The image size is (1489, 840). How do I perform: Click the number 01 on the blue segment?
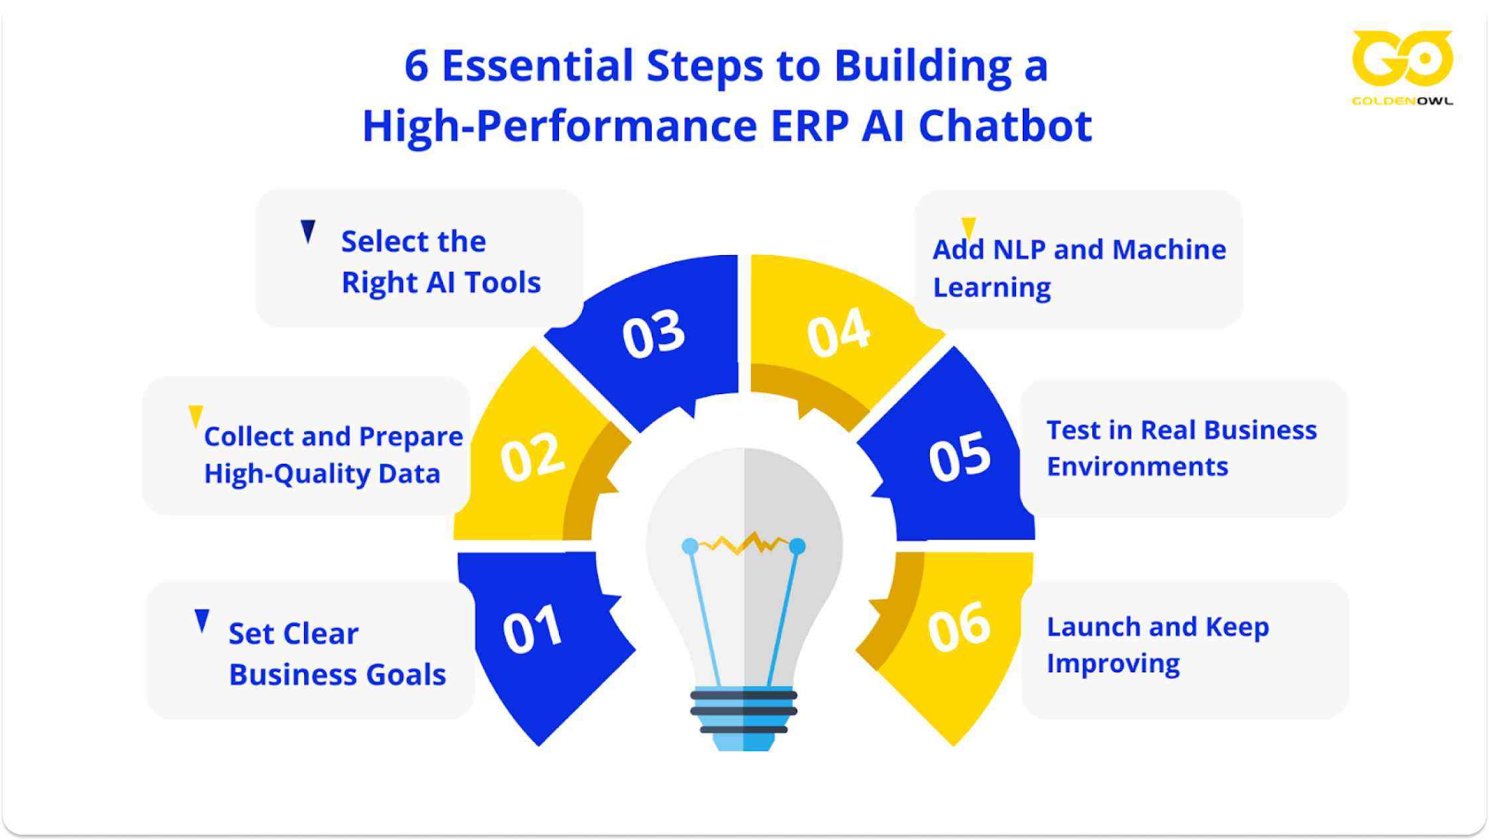tap(533, 629)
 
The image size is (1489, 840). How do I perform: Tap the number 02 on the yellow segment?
tap(532, 456)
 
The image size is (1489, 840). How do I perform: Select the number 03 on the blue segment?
tap(653, 334)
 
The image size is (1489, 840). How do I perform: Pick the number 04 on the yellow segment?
tap(838, 333)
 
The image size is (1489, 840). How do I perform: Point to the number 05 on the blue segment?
tap(959, 456)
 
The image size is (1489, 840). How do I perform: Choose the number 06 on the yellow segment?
tap(958, 627)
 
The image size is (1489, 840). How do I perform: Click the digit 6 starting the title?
tap(416, 66)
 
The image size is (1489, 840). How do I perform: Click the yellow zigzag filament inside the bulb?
tap(743, 545)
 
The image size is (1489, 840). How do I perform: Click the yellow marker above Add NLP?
tap(968, 227)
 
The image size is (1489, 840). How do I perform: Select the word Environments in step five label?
tap(1137, 466)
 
